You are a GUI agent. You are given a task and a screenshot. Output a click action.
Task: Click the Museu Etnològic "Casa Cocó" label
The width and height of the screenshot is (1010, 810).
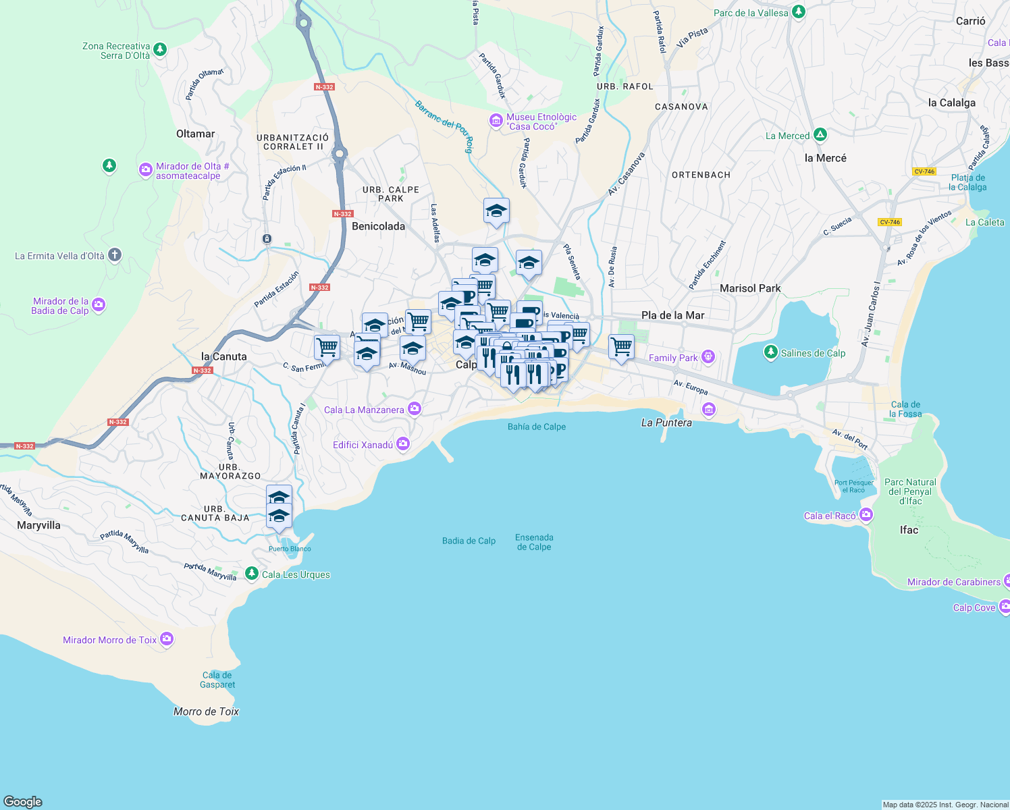pos(541,122)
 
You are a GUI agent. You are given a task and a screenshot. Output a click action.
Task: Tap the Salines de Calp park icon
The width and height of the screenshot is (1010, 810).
pos(771,352)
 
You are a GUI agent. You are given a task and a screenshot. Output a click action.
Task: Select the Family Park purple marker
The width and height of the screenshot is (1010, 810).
pos(708,356)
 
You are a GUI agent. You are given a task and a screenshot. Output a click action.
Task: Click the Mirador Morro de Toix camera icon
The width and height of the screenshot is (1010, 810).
pos(167,639)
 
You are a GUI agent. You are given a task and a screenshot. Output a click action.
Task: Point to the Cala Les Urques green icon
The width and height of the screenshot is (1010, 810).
pos(252,574)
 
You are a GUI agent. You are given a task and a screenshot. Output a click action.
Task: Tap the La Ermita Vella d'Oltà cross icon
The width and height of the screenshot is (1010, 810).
pos(115,255)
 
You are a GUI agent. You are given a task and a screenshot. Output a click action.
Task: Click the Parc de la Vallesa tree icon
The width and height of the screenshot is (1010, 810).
pos(799,12)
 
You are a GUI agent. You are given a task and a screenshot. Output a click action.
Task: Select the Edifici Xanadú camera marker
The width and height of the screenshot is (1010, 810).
pos(403,443)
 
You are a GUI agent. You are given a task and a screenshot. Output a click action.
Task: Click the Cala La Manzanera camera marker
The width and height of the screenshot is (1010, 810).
pos(415,408)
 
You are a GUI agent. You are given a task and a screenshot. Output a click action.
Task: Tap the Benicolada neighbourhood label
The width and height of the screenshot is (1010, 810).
pos(378,226)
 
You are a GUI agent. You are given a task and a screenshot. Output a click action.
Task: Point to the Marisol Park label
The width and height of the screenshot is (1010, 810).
pos(750,288)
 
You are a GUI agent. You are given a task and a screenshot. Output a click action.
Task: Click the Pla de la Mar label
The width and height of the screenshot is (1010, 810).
pos(672,315)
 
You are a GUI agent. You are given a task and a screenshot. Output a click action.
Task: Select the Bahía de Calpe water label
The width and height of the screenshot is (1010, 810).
pos(537,427)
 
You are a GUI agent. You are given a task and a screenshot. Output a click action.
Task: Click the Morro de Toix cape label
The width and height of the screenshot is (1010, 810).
pos(206,711)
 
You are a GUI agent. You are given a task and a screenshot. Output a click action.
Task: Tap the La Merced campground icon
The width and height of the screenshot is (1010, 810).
pos(820,135)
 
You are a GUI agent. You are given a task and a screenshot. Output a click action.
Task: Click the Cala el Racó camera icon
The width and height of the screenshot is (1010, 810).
pos(866,516)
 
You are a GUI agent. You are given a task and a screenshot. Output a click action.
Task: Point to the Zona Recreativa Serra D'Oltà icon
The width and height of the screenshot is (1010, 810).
pos(160,49)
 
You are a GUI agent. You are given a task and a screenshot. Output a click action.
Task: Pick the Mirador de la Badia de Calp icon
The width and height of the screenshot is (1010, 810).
pos(99,305)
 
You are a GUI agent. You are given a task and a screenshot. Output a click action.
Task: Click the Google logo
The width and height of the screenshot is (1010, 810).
pos(22,801)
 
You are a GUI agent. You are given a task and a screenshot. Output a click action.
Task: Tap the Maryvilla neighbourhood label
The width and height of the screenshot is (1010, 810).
pos(38,525)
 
